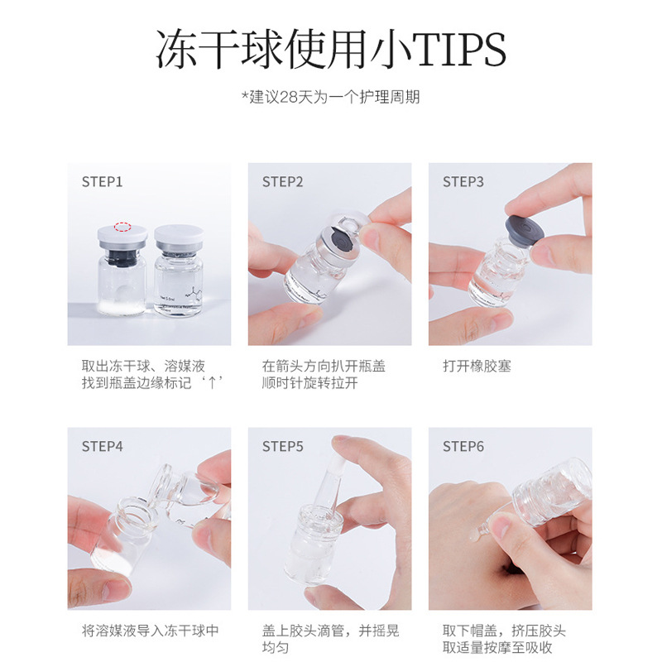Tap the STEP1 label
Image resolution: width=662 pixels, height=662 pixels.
tap(102, 182)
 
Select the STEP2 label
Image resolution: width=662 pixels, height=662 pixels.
tap(282, 182)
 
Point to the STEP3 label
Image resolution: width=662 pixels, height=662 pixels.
tap(463, 182)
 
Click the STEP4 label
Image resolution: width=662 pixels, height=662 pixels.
tap(102, 446)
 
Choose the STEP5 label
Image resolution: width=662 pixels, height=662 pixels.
tap(282, 446)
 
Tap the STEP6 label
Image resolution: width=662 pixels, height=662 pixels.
tap(463, 446)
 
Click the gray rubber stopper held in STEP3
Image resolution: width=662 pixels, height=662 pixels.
tap(524, 231)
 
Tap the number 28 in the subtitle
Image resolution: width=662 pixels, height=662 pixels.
tap(289, 97)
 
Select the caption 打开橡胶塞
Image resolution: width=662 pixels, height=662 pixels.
tap(477, 366)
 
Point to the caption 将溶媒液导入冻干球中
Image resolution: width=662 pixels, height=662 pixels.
tap(151, 631)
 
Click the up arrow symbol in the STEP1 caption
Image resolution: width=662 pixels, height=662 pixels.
tap(213, 383)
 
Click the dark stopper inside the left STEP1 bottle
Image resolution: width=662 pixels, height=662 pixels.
tap(122, 256)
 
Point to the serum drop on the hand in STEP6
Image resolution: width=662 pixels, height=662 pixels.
tap(477, 533)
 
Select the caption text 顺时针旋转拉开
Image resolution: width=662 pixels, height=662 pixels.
tap(309, 383)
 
